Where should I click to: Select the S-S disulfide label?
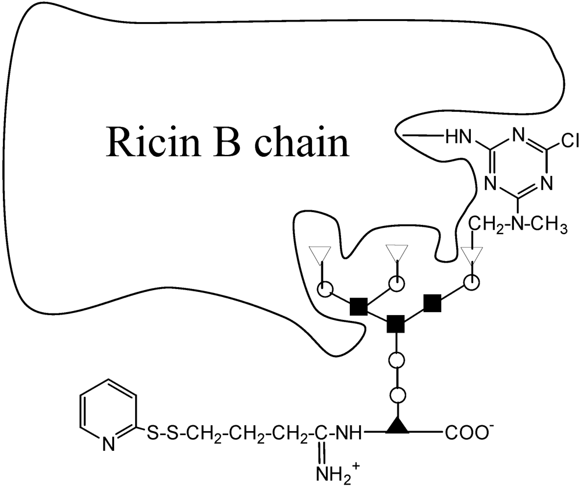click(161, 433)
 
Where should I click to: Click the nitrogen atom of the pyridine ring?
click(109, 447)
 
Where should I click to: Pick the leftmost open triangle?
click(320, 254)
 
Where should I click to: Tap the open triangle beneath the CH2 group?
click(472, 255)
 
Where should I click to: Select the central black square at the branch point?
click(396, 322)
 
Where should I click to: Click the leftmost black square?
click(358, 305)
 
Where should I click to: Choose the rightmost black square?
click(432, 304)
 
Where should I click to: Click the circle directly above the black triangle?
click(397, 395)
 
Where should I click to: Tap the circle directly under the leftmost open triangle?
click(323, 288)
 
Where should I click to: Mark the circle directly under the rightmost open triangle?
click(472, 283)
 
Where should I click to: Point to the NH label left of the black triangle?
click(347, 433)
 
